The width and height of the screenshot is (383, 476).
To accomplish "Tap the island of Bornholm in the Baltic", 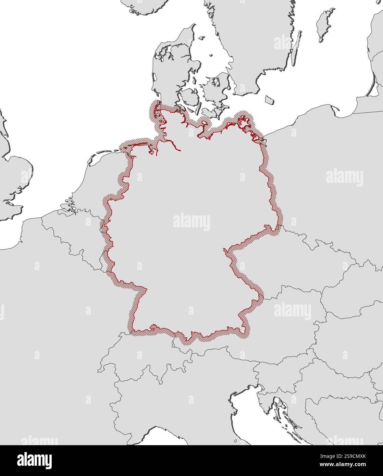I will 270,100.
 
